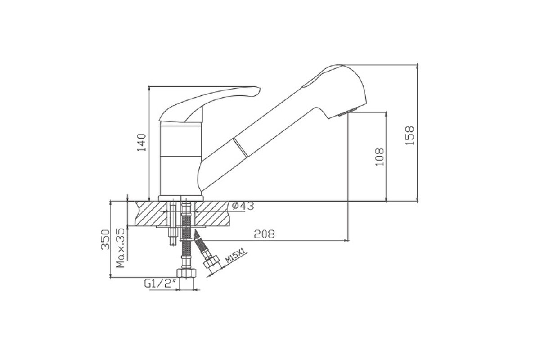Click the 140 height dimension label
[142, 142]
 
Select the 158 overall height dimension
[409, 135]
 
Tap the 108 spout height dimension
[380, 157]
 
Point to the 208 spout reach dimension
[264, 234]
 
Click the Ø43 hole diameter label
[243, 206]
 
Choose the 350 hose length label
[105, 240]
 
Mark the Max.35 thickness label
[120, 248]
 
